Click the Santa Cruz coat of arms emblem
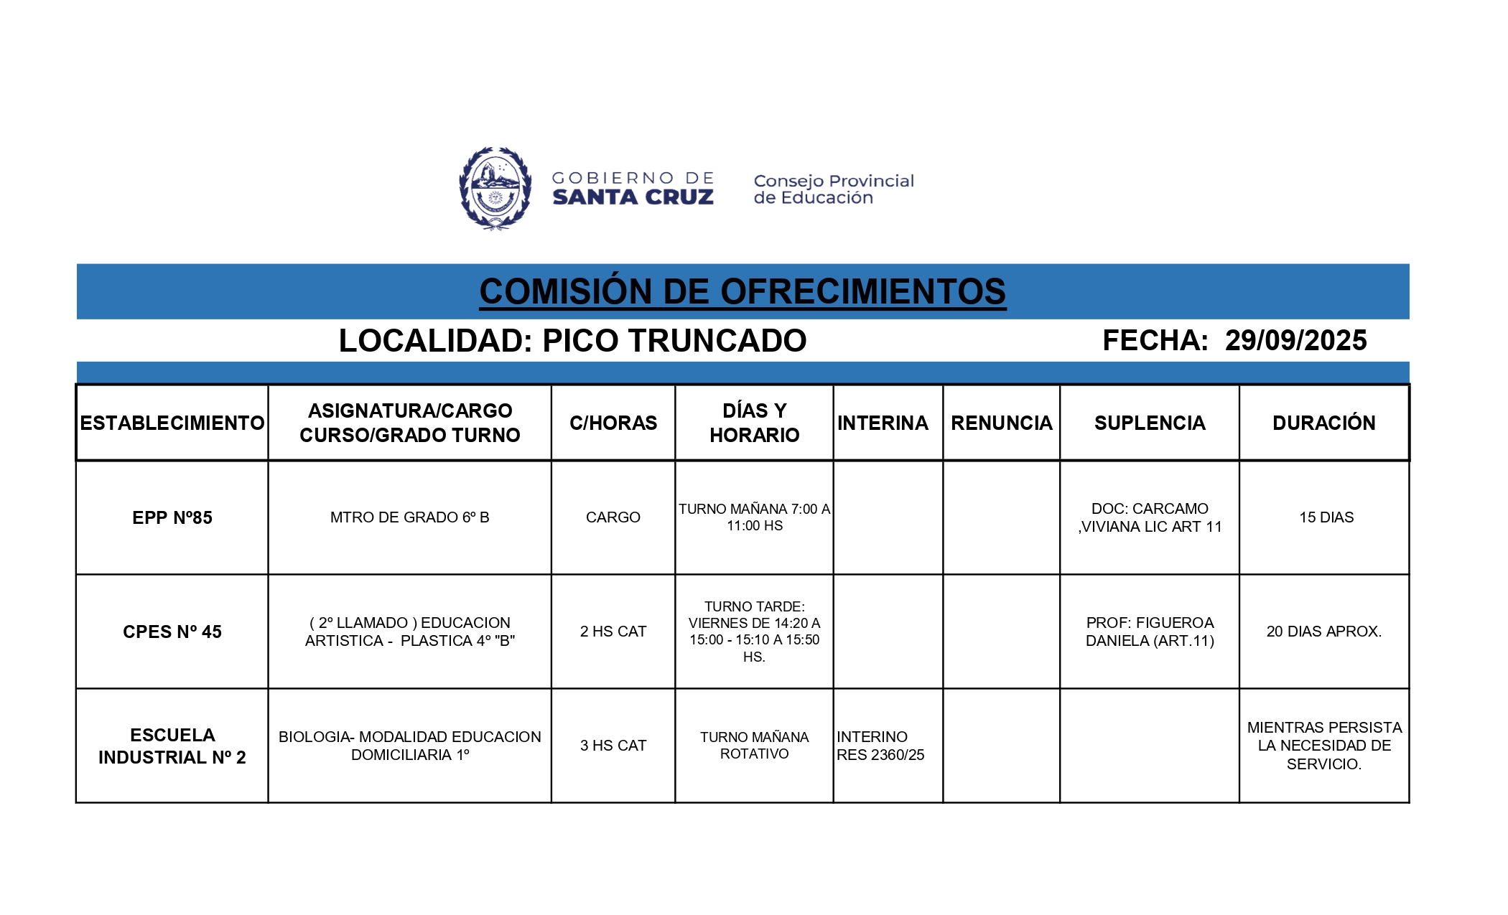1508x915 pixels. coord(495,188)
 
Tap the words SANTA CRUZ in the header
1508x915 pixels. coord(633,197)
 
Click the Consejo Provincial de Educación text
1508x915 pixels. coord(833,189)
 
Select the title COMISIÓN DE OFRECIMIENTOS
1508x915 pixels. coord(743,291)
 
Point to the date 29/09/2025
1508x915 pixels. coord(1295,340)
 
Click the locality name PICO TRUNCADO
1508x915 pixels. coord(674,341)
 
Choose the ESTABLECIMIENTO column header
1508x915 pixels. coord(172,423)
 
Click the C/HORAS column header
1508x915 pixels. coord(613,423)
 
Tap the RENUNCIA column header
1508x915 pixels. coord(1001,423)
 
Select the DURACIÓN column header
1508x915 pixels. coord(1323,423)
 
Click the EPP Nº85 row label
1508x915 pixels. coord(172,517)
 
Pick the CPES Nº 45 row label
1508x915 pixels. coord(172,632)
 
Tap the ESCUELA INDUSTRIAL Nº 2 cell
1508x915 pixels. coord(172,746)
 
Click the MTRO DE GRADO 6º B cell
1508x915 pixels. coord(409,517)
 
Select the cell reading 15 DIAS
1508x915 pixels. coord(1326,517)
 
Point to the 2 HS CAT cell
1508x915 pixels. coord(613,632)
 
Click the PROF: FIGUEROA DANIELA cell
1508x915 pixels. coord(1150,632)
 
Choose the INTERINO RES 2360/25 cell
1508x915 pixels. coord(880,746)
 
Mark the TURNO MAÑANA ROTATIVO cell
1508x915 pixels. coord(754,746)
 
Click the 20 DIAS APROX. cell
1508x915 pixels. coord(1323,632)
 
